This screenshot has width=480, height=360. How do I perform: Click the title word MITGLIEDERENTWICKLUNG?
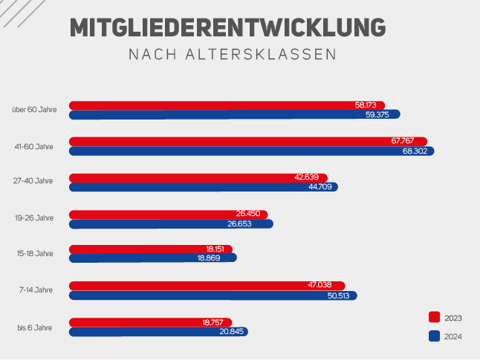click(x=228, y=27)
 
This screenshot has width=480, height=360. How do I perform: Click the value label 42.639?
click(x=307, y=177)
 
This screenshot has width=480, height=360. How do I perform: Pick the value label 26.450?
click(x=247, y=214)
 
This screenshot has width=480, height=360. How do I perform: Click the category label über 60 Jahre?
click(x=34, y=110)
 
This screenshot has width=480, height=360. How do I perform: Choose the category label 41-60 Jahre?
click(x=34, y=145)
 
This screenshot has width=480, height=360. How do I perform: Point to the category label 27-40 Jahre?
click(x=34, y=181)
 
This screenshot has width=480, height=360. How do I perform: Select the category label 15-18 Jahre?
click(x=34, y=253)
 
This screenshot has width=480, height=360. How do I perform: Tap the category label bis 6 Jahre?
click(x=35, y=327)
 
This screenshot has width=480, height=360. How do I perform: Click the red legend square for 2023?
click(x=435, y=317)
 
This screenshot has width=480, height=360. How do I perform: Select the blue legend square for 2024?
click(x=435, y=336)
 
